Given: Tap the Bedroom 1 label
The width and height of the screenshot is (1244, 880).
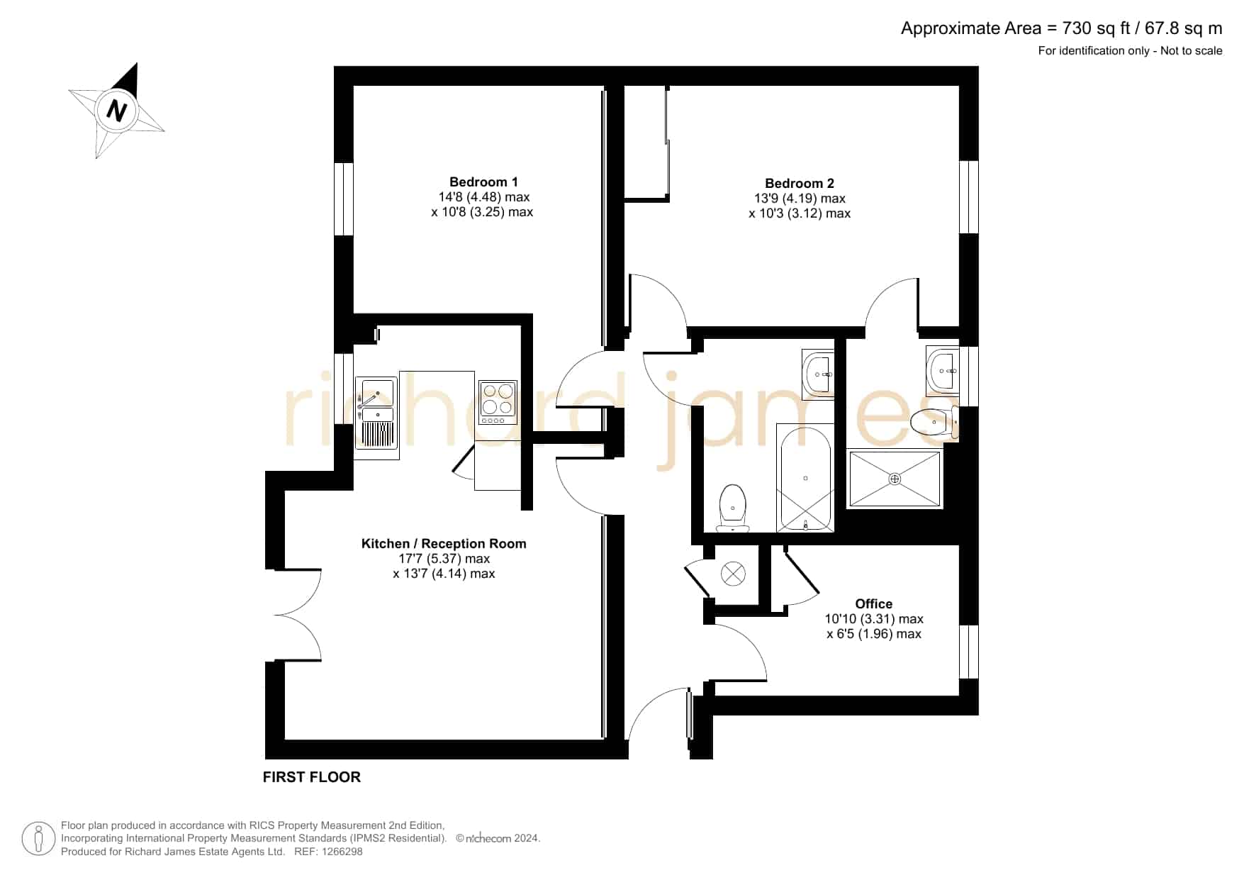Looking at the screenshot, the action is pos(483,182).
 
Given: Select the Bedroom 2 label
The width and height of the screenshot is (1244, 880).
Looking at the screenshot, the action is pos(800,184).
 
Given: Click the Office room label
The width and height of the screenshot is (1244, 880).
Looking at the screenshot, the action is pos(873,604).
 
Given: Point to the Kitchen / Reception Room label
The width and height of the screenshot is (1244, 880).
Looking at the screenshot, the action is pos(444,544).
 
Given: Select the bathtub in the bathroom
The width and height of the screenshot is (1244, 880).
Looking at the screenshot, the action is pos(805,477).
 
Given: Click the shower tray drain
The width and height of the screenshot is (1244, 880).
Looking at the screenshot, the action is pos(895,479).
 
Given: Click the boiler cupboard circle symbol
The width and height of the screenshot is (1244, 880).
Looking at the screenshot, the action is pos(733,574).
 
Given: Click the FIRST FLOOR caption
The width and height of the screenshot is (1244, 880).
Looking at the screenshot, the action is pos(312,777).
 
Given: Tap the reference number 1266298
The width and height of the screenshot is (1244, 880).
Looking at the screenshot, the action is pos(342,852).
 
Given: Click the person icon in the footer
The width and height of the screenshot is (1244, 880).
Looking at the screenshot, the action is pos(38,839).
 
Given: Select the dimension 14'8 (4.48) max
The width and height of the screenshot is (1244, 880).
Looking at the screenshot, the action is pos(484,197).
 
